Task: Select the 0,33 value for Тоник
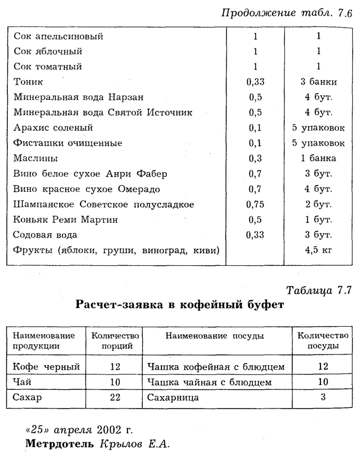coord(255,82)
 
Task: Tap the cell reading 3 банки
coord(319,82)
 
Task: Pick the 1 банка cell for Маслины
coord(319,158)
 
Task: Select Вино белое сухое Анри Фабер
coord(90,173)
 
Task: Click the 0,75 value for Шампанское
coord(255,204)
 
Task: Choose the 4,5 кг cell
coord(319,250)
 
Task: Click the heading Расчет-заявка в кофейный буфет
coord(179,305)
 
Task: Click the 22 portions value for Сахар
coord(116,398)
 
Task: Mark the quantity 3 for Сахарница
coord(323,398)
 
